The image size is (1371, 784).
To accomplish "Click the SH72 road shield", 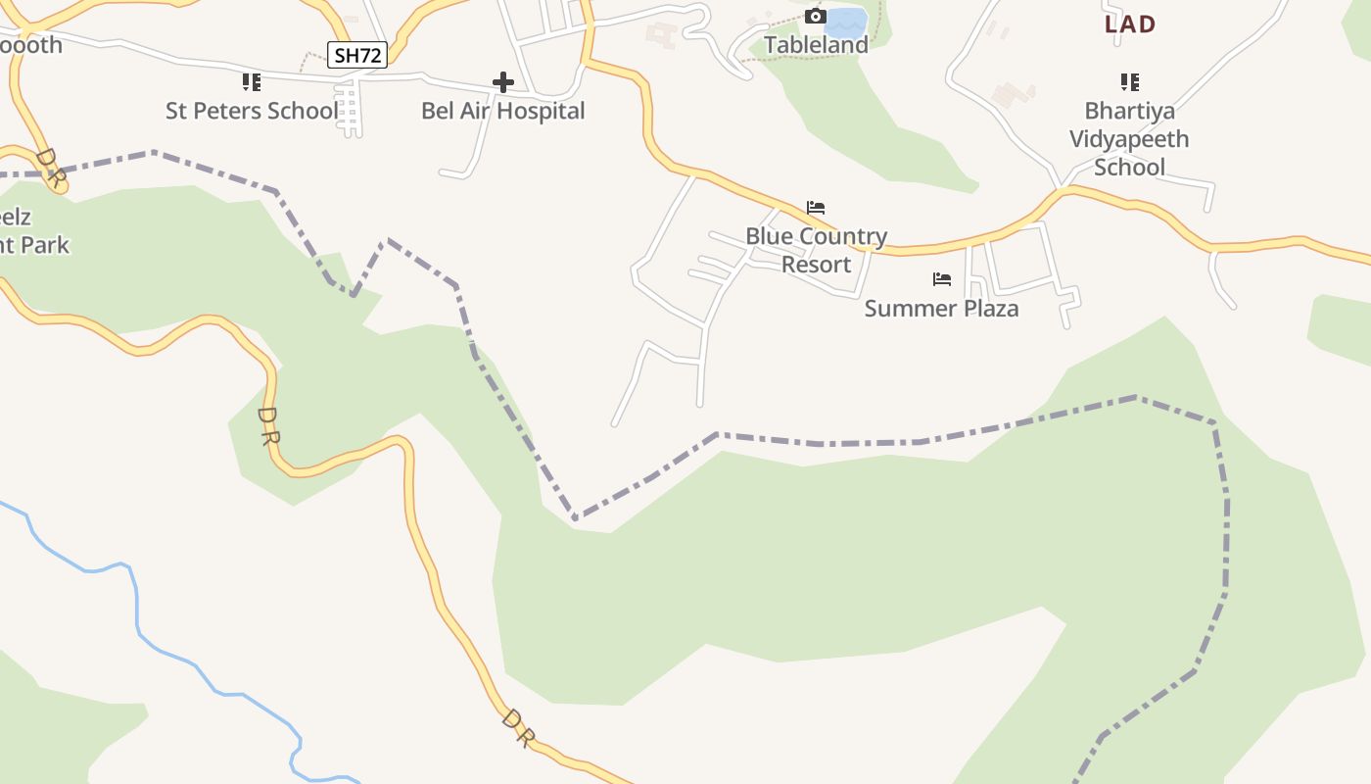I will (357, 55).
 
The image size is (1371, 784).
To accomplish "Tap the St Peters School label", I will (251, 111).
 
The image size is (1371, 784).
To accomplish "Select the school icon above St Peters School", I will (252, 82).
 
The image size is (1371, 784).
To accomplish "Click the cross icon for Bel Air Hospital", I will (503, 82).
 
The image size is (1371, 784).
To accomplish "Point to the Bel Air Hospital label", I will (502, 111).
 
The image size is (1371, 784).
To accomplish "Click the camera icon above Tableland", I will (816, 16).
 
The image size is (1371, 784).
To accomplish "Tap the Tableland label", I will (816, 45).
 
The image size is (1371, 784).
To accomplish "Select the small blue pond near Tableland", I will (847, 22).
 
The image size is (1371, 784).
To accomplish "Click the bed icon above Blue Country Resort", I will (816, 208).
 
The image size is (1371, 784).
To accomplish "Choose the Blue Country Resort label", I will (816, 250).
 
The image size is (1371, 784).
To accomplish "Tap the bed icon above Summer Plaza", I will (942, 279).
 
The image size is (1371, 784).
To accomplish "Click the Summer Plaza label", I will (941, 309).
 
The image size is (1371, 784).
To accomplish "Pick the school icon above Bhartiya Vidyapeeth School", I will (1130, 82).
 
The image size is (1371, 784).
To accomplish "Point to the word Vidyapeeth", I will (1129, 139).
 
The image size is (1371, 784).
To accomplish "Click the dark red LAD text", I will (1130, 24).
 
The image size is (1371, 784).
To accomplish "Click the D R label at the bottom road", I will (518, 728).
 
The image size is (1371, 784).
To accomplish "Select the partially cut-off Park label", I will (35, 244).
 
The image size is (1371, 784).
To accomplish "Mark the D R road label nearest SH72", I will (50, 169).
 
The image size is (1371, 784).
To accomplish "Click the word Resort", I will (816, 265).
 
